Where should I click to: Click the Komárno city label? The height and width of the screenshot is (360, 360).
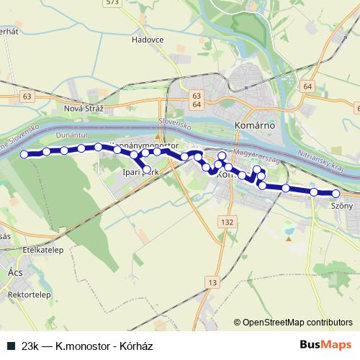252,124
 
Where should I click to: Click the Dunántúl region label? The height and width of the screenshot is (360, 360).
71,134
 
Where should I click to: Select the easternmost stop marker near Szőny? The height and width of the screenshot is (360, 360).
336,193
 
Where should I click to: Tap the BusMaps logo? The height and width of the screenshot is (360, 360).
325,344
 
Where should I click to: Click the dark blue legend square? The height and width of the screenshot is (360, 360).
11,344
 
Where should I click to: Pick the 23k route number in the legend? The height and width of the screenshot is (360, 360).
31,344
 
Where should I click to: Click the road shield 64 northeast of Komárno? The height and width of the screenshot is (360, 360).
308,86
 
